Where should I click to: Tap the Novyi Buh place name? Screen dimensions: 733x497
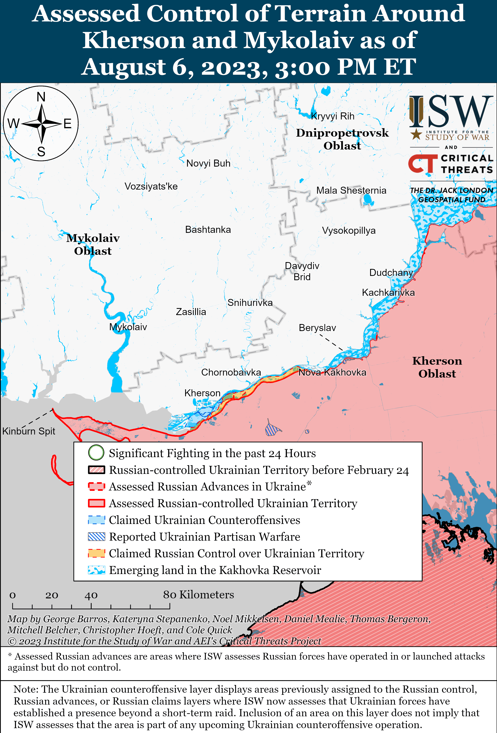pos(208,163)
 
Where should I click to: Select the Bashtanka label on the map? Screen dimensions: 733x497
pos(208,230)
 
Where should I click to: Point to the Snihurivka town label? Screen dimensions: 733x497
pos(250,303)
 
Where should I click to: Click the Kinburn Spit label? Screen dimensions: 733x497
pos(29,431)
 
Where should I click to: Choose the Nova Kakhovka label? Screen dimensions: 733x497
pos(332,373)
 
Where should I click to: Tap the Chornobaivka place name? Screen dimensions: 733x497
pos(231,373)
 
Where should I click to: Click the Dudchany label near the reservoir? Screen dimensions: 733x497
pos(391,273)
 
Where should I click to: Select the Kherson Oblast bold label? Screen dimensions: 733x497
pos(437,367)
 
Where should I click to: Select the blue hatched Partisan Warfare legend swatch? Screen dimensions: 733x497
pos(96,537)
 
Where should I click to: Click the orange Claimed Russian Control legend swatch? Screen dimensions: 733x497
pos(96,553)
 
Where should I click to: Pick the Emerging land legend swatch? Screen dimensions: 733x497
pos(96,570)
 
